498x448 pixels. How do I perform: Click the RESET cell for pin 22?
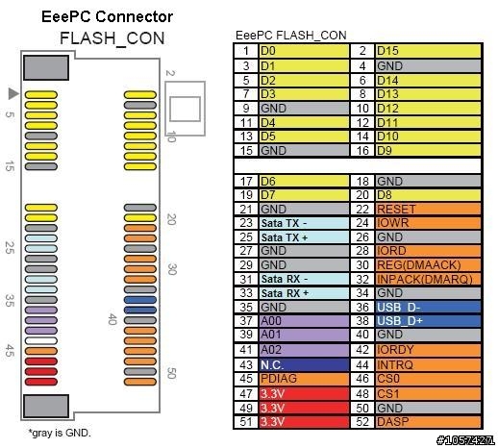(428, 210)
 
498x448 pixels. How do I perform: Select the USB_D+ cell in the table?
(428, 321)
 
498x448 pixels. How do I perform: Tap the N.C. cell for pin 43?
(304, 365)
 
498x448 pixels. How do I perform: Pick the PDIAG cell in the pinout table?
(304, 379)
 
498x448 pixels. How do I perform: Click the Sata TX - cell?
(304, 223)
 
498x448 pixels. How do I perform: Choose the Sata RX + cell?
(304, 293)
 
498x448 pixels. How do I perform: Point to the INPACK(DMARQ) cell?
(428, 279)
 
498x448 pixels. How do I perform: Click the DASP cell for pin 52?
(428, 422)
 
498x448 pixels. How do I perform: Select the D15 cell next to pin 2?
(428, 51)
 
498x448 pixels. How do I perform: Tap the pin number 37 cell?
(246, 321)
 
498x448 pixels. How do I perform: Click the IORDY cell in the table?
(428, 350)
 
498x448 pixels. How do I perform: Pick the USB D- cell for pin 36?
(428, 307)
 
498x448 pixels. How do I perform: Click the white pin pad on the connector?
(41, 341)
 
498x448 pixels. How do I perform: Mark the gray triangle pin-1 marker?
(12, 93)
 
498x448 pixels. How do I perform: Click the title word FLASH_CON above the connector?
(112, 39)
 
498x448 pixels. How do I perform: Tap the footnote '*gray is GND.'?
(60, 433)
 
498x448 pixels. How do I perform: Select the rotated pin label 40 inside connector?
(112, 319)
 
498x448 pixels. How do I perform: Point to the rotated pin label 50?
(171, 373)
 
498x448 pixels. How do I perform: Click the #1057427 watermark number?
(465, 440)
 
